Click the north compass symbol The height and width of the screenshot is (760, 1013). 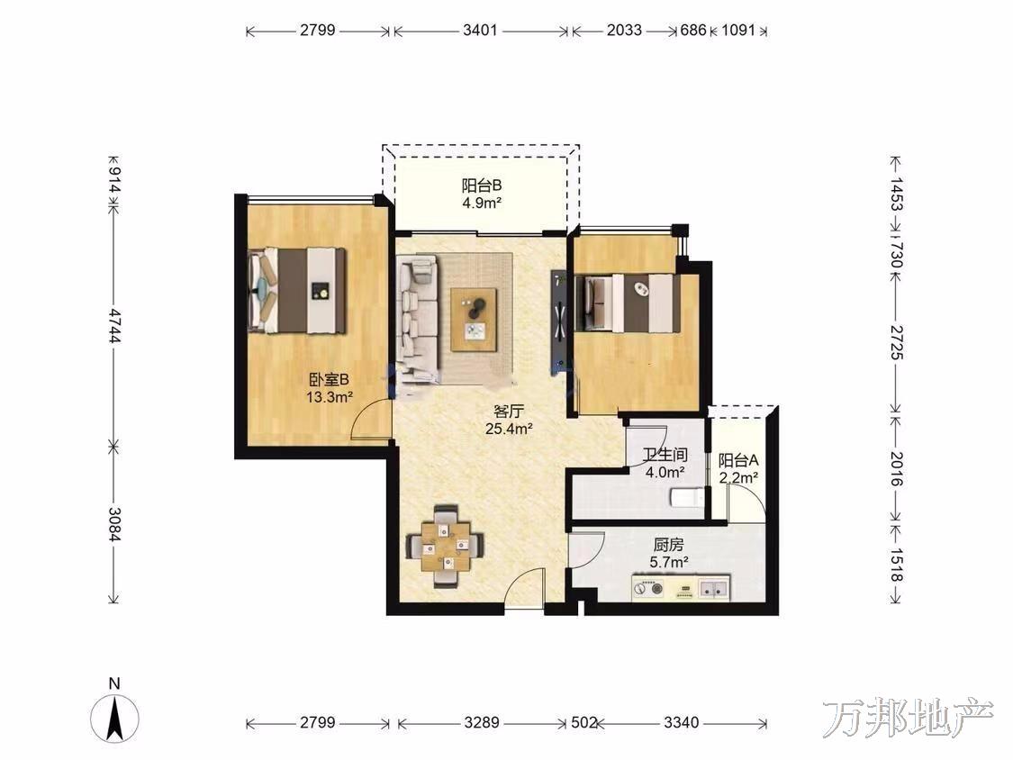114,718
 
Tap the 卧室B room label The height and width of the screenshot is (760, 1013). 329,379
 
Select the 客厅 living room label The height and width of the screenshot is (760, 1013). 509,411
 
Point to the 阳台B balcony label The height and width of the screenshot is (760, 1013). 482,186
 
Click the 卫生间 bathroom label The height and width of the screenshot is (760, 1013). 665,455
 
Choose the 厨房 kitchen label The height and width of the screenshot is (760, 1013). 668,545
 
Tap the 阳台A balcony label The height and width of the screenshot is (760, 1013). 737,461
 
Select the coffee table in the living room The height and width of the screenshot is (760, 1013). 474,320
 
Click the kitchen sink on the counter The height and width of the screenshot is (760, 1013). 714,588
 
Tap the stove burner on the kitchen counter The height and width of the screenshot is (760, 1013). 648,588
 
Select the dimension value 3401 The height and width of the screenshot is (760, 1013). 480,31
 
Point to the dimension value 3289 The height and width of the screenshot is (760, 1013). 482,722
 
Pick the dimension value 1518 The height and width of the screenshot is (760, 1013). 895,565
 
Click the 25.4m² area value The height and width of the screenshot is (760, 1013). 509,428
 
